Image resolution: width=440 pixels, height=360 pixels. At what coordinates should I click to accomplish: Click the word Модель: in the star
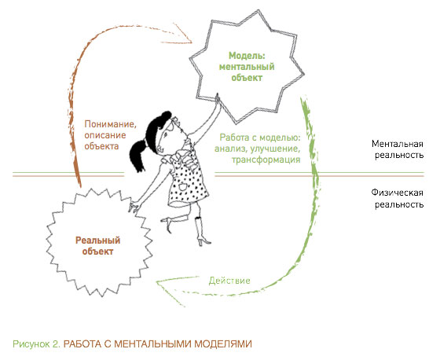pyautogui.click(x=247, y=56)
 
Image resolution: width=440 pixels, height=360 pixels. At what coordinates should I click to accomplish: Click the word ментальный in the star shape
pyautogui.click(x=247, y=67)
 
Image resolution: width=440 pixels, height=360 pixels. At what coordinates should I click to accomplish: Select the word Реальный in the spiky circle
pyautogui.click(x=98, y=241)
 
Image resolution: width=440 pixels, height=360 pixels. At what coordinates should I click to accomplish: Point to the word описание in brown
pyautogui.click(x=105, y=135)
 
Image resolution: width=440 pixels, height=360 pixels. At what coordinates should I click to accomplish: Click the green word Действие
pyautogui.click(x=229, y=281)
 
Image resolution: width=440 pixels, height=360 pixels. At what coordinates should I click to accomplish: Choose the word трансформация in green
pyautogui.click(x=266, y=160)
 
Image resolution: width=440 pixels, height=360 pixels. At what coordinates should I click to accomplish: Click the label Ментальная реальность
pyautogui.click(x=398, y=149)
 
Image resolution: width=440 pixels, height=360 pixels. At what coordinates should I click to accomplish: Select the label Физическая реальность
pyautogui.click(x=398, y=198)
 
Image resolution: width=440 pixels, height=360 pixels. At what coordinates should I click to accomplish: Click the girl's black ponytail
pyautogui.click(x=138, y=156)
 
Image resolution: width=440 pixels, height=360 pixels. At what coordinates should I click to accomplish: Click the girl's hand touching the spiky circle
pyautogui.click(x=134, y=207)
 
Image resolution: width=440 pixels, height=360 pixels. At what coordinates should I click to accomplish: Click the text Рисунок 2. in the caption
pyautogui.click(x=36, y=343)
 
